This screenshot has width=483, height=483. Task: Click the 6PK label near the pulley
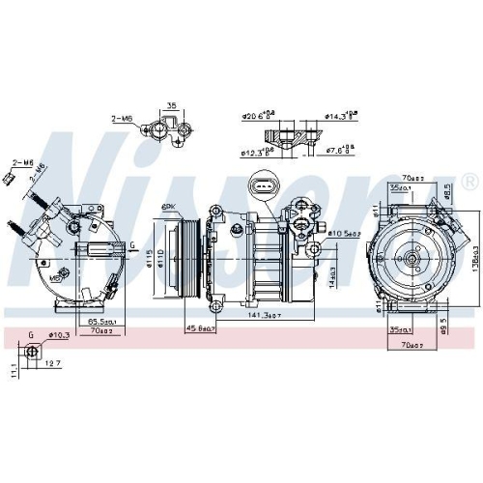coord(170,207)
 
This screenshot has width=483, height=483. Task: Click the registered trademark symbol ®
coord(469,181)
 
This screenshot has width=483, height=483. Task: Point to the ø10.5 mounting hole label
coord(344,233)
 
